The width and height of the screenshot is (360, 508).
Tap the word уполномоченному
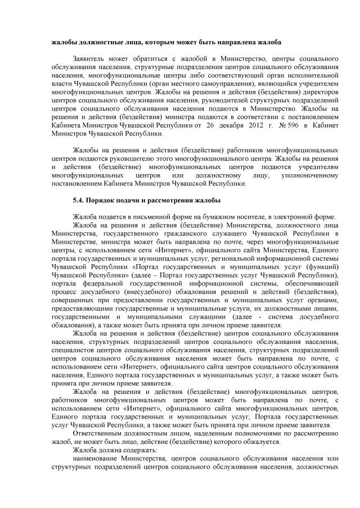[x=309, y=175]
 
